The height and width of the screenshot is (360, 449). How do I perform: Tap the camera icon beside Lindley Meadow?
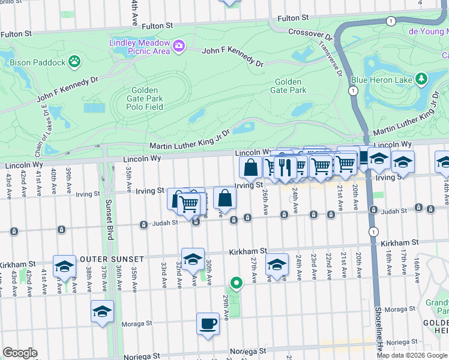(178, 46)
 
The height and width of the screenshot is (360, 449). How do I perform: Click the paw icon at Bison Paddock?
(74, 60)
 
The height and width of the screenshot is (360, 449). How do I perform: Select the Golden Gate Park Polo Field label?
(145, 98)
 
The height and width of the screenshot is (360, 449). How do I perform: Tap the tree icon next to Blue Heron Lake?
(421, 79)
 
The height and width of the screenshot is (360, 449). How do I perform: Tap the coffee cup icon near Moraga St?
(208, 323)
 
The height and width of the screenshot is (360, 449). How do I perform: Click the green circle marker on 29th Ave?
(237, 283)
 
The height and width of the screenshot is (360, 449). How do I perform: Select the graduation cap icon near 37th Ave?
(102, 311)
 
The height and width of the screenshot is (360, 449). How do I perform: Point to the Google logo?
(20, 352)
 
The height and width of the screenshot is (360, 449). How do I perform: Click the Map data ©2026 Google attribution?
(412, 355)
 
